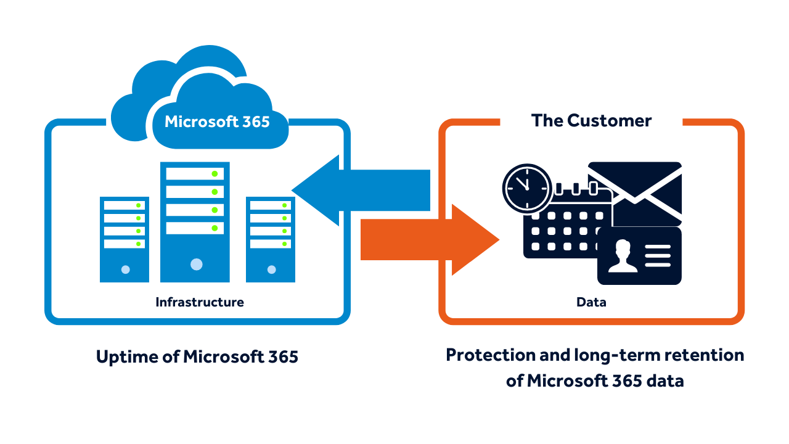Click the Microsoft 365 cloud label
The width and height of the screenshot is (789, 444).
pyautogui.click(x=217, y=121)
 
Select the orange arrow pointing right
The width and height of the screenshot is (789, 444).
pyautogui.click(x=431, y=239)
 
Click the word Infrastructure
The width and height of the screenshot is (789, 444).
pyautogui.click(x=199, y=302)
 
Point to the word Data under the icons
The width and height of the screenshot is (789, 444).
pyautogui.click(x=591, y=302)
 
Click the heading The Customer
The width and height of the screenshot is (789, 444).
pyautogui.click(x=591, y=120)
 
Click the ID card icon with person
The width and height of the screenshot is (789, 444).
pyautogui.click(x=640, y=256)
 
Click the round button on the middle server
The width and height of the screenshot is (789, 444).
pyautogui.click(x=196, y=265)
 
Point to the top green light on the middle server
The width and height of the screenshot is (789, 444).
pyautogui.click(x=215, y=173)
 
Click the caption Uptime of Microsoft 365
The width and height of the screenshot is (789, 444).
pyautogui.click(x=197, y=356)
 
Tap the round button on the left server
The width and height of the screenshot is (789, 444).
pyautogui.click(x=126, y=269)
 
